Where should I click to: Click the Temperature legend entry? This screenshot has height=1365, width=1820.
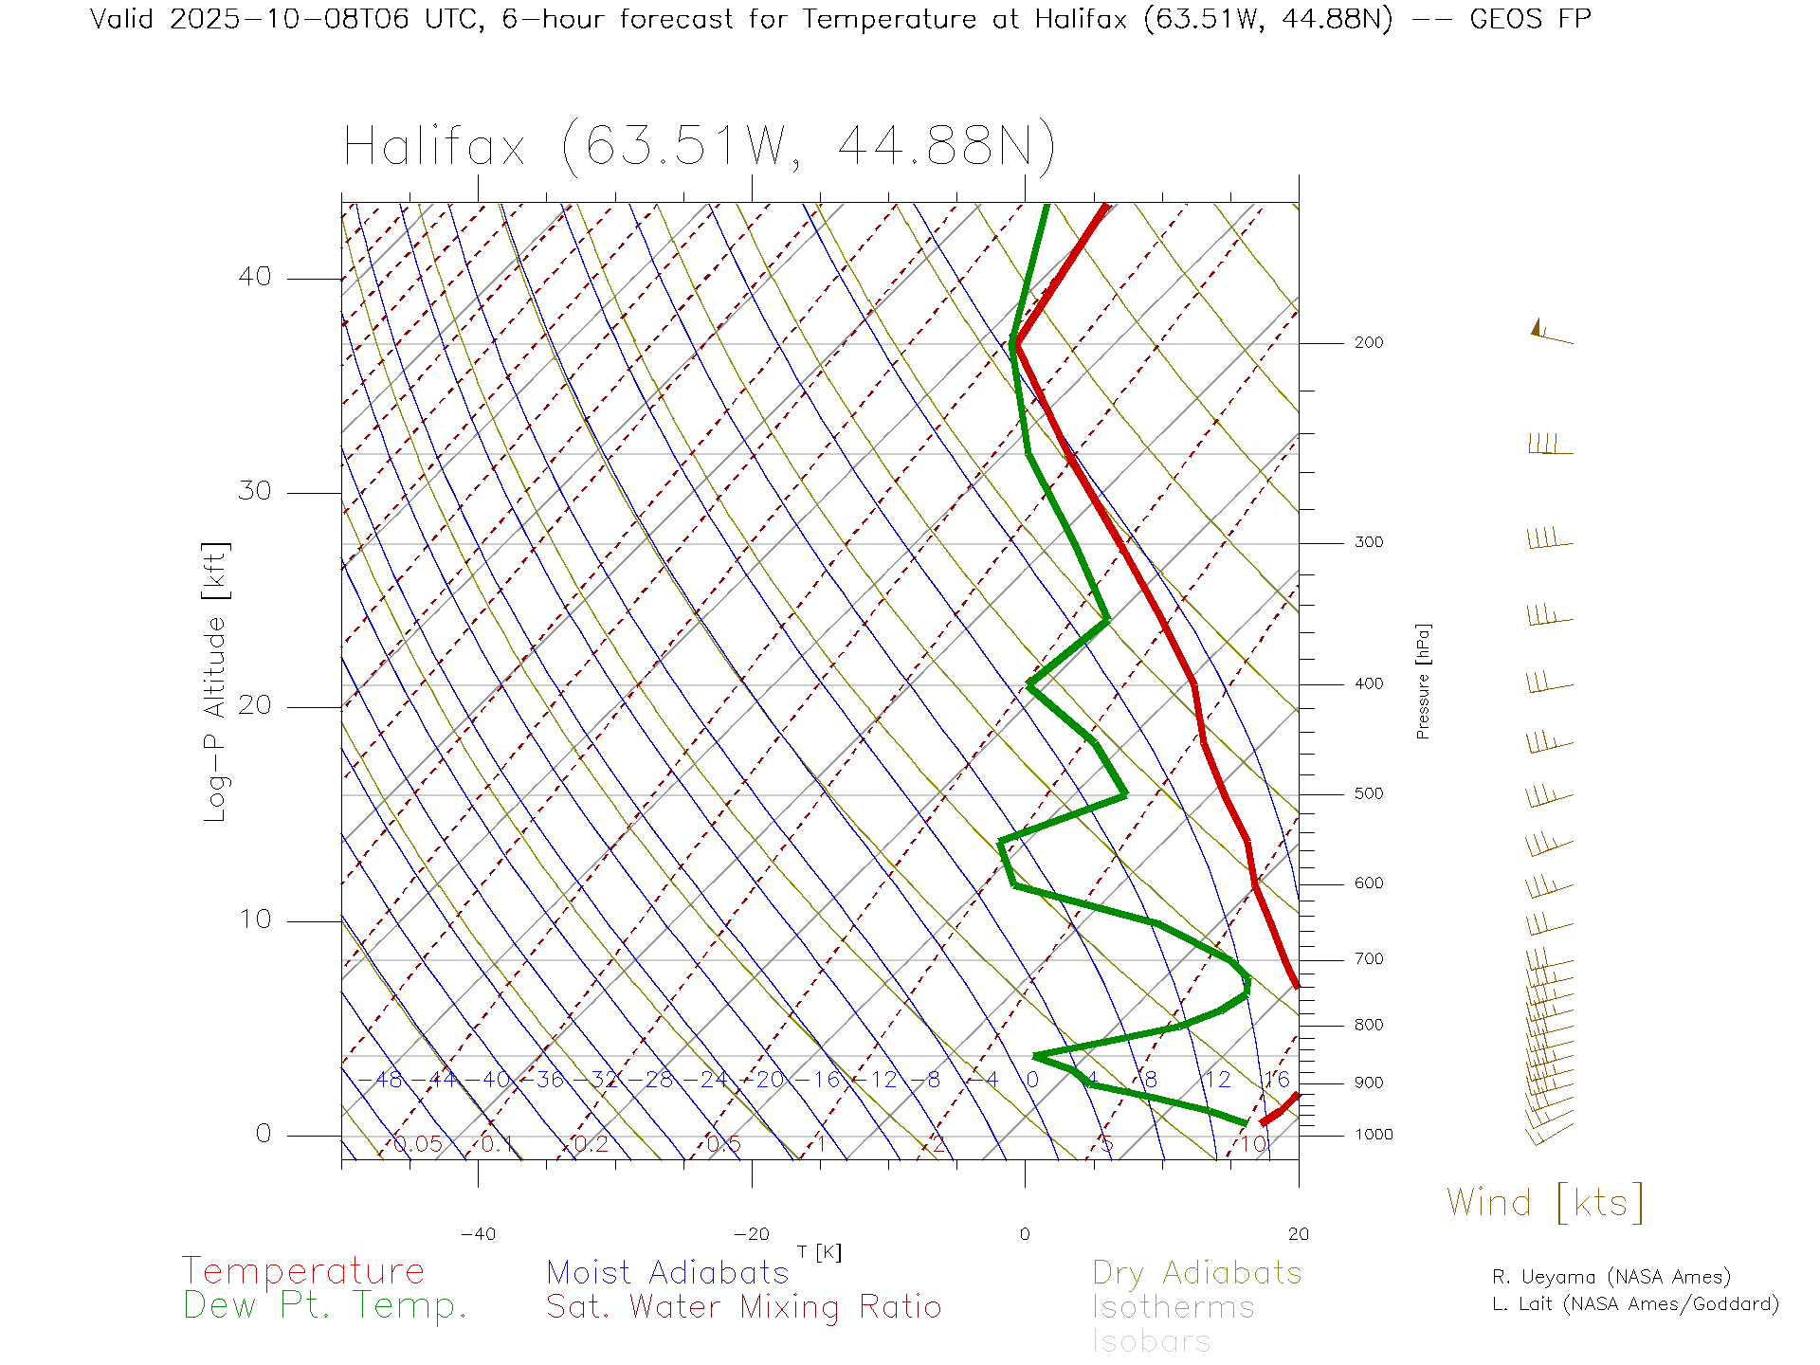click(302, 1270)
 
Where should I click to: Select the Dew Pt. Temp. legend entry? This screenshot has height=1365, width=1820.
click(325, 1305)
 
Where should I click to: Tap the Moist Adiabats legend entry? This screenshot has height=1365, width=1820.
click(667, 1272)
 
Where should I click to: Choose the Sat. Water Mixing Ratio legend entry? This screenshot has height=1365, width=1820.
click(743, 1306)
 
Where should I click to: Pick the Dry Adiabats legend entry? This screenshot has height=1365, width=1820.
click(1196, 1272)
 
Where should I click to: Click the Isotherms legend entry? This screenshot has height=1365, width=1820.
click(1173, 1307)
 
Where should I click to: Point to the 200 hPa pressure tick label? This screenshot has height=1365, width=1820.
click(1368, 343)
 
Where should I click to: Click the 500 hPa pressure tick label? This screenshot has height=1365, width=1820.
click(1368, 794)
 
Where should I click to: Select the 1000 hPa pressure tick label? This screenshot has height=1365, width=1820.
click(1373, 1135)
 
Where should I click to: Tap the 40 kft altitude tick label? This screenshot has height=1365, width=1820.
click(254, 277)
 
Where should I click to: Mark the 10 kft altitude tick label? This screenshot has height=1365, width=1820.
click(254, 919)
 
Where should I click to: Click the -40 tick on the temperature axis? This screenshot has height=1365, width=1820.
click(478, 1234)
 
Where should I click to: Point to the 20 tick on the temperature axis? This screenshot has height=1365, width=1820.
click(1298, 1234)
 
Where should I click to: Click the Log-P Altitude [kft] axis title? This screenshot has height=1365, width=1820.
click(216, 682)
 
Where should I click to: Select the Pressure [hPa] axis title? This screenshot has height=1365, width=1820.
click(1423, 681)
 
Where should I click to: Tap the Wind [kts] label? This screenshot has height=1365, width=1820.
click(1544, 1202)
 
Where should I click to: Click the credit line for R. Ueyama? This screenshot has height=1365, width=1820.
click(1611, 1277)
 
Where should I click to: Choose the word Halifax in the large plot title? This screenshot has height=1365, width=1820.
click(434, 147)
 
